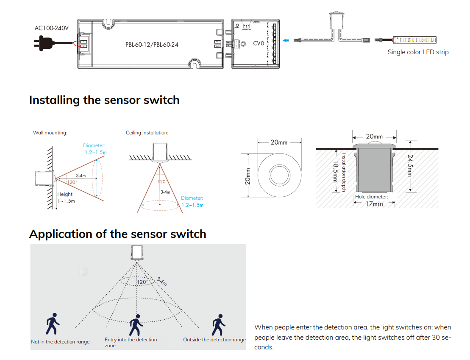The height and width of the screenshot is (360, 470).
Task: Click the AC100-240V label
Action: [x=51, y=28]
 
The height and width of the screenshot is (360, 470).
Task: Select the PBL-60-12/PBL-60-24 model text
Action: [x=152, y=44]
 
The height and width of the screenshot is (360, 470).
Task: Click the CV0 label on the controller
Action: [x=259, y=43]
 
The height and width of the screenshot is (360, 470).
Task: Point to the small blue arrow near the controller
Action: [x=287, y=41]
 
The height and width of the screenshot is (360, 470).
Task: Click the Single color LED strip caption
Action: [x=418, y=52]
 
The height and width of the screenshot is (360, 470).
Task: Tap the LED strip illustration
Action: [x=414, y=40]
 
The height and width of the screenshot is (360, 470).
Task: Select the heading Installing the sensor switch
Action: [x=104, y=100]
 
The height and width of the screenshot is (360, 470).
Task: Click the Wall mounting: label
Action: [x=50, y=133]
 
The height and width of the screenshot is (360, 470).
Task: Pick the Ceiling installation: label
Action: [x=147, y=133]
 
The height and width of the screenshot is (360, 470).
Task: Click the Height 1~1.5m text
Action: [x=66, y=198]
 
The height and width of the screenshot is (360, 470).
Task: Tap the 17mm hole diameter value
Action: [x=374, y=204]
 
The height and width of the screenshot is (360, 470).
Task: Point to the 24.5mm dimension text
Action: [x=410, y=167]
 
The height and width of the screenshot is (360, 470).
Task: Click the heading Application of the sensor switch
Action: [x=118, y=234]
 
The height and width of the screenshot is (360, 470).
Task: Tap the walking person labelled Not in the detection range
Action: [x=53, y=324]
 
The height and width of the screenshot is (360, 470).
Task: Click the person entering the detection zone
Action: [x=136, y=325]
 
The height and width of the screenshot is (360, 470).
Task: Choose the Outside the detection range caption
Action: [x=214, y=340]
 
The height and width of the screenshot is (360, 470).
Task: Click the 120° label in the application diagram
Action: [x=142, y=282]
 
